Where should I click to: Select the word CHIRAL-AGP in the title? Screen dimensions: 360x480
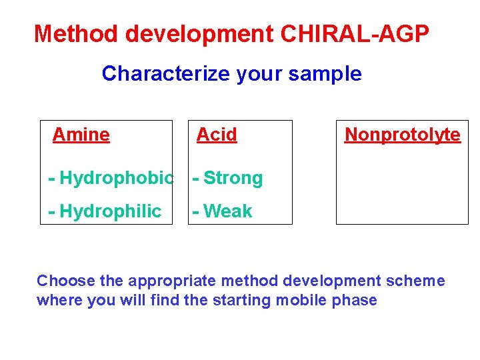pos(355,33)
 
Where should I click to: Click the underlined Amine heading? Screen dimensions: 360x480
pos(81,135)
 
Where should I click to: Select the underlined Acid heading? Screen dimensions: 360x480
pos(217,135)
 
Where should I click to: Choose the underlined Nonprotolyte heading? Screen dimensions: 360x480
pos(402,135)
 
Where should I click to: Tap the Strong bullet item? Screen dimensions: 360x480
pos(233,178)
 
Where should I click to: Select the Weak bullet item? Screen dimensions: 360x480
pos(227,211)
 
